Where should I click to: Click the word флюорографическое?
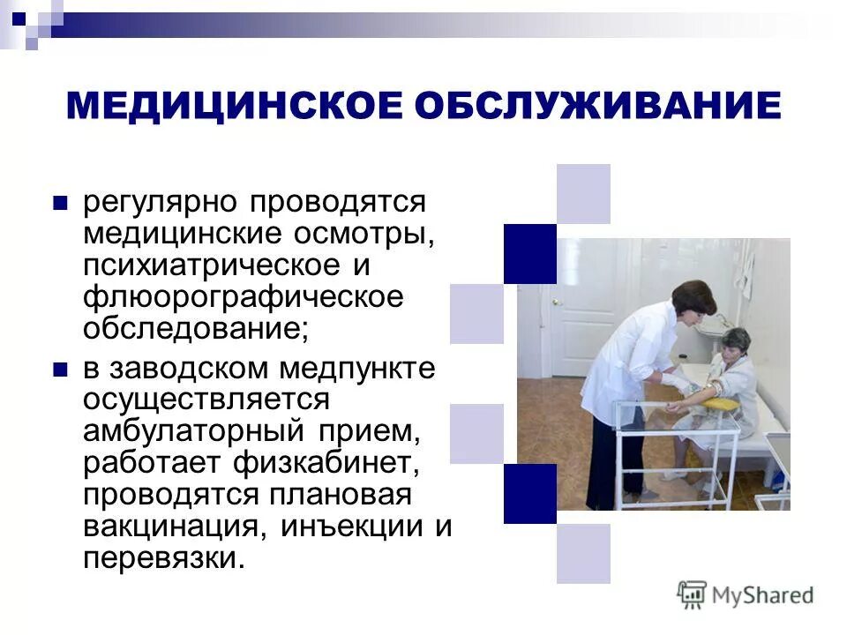[x=243, y=297]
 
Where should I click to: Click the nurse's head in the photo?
[x=693, y=299]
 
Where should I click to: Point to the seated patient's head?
[x=735, y=342]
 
